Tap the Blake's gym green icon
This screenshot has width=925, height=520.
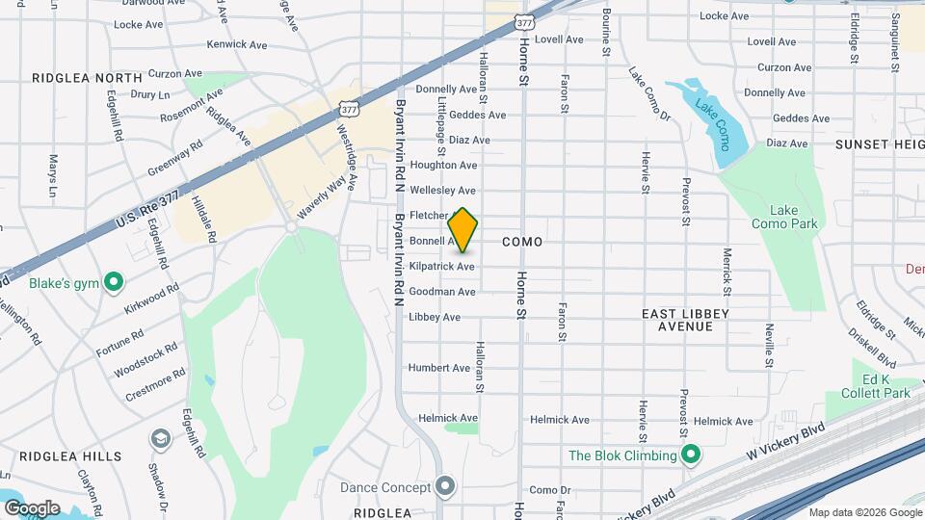coord(114,282)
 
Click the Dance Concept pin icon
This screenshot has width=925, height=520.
coord(444,487)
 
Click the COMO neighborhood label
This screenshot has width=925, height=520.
coord(521,241)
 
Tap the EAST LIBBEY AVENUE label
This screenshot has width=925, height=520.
coord(685,320)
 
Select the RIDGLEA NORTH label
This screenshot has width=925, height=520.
coord(87,77)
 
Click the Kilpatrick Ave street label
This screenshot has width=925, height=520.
coord(441,266)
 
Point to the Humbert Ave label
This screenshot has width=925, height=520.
coord(439,368)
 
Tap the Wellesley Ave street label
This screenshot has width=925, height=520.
coord(443,191)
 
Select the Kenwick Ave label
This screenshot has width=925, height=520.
coord(237,44)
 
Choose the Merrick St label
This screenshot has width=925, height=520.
coord(727,272)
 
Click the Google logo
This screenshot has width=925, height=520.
coord(32,508)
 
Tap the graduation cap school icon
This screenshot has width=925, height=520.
coord(160,439)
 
